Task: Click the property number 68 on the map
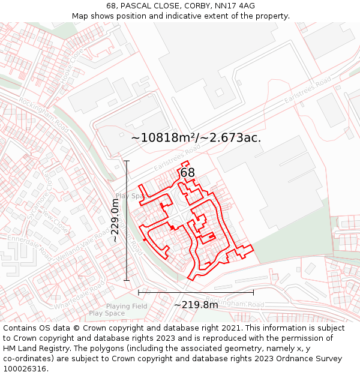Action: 188,173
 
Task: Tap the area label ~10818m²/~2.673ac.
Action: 196,137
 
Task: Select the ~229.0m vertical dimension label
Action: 115,221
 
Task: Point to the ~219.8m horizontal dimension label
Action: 196,305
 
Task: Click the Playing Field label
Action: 127,307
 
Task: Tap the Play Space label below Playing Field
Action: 107,313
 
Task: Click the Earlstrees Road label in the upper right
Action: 307,91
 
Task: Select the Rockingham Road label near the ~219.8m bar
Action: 234,302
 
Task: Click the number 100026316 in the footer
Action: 26,369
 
